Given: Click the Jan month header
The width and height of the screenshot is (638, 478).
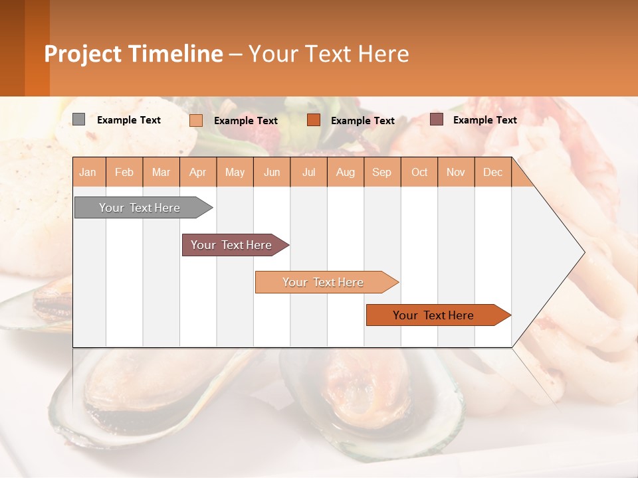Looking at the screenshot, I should (x=88, y=173).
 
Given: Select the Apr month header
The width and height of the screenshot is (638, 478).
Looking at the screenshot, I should (x=198, y=173).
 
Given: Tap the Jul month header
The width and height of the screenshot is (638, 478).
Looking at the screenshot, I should (x=309, y=173).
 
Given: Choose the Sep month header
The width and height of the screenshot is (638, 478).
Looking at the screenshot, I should (x=382, y=173).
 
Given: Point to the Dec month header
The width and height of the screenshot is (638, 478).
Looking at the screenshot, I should (x=493, y=173).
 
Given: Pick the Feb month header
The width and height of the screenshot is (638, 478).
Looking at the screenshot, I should (x=124, y=173).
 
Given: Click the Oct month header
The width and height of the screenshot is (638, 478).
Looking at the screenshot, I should (x=419, y=173).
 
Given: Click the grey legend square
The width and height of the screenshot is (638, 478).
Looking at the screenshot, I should (x=79, y=119).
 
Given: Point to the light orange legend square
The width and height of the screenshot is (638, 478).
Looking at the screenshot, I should (x=196, y=120).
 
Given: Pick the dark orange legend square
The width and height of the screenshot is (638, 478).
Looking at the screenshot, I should (x=314, y=120).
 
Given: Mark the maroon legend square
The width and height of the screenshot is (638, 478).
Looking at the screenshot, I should (x=437, y=119).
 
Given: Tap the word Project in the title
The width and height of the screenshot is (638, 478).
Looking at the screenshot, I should (x=82, y=54).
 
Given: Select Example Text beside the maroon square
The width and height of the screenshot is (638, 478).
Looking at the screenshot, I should (x=485, y=120).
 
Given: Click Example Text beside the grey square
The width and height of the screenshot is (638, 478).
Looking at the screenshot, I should (x=129, y=120).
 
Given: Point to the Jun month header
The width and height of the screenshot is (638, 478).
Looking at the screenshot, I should (x=272, y=173).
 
